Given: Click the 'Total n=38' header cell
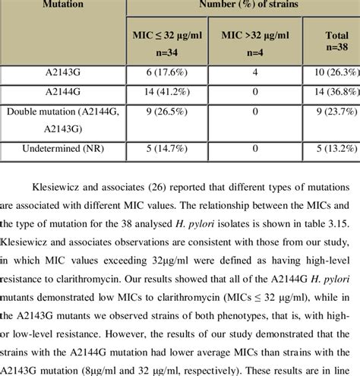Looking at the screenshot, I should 331,42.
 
